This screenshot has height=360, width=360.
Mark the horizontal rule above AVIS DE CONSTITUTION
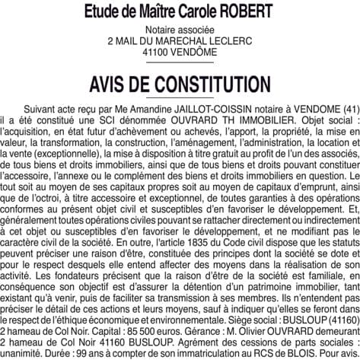click(x=180, y=64)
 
